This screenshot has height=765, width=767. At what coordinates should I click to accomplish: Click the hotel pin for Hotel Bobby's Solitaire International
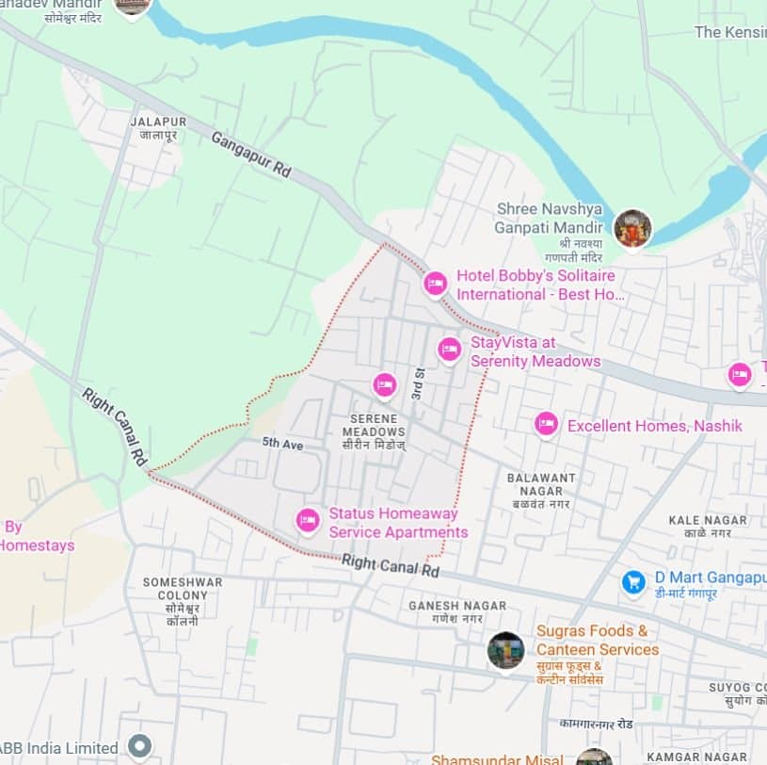(435, 283)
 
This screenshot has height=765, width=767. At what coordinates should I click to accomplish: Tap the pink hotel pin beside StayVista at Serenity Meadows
(450, 350)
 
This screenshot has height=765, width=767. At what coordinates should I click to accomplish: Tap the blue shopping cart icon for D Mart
(634, 582)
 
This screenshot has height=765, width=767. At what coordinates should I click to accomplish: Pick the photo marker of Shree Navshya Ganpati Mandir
(632, 228)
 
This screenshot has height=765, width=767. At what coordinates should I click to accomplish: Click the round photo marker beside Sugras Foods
(505, 650)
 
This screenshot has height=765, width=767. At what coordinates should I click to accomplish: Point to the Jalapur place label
(158, 128)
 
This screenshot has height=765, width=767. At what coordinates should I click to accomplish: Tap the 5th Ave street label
(282, 444)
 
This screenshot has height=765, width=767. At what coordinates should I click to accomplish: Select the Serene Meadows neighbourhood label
(374, 425)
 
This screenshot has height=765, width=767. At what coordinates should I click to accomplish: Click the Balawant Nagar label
(541, 484)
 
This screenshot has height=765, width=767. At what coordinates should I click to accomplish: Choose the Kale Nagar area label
(708, 526)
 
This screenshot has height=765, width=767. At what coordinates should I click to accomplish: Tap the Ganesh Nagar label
(457, 611)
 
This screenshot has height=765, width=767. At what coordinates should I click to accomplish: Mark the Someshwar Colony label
(183, 595)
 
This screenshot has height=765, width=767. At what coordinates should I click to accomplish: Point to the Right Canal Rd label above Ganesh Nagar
(391, 565)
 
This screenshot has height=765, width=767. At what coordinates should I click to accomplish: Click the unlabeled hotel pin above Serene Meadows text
(384, 384)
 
